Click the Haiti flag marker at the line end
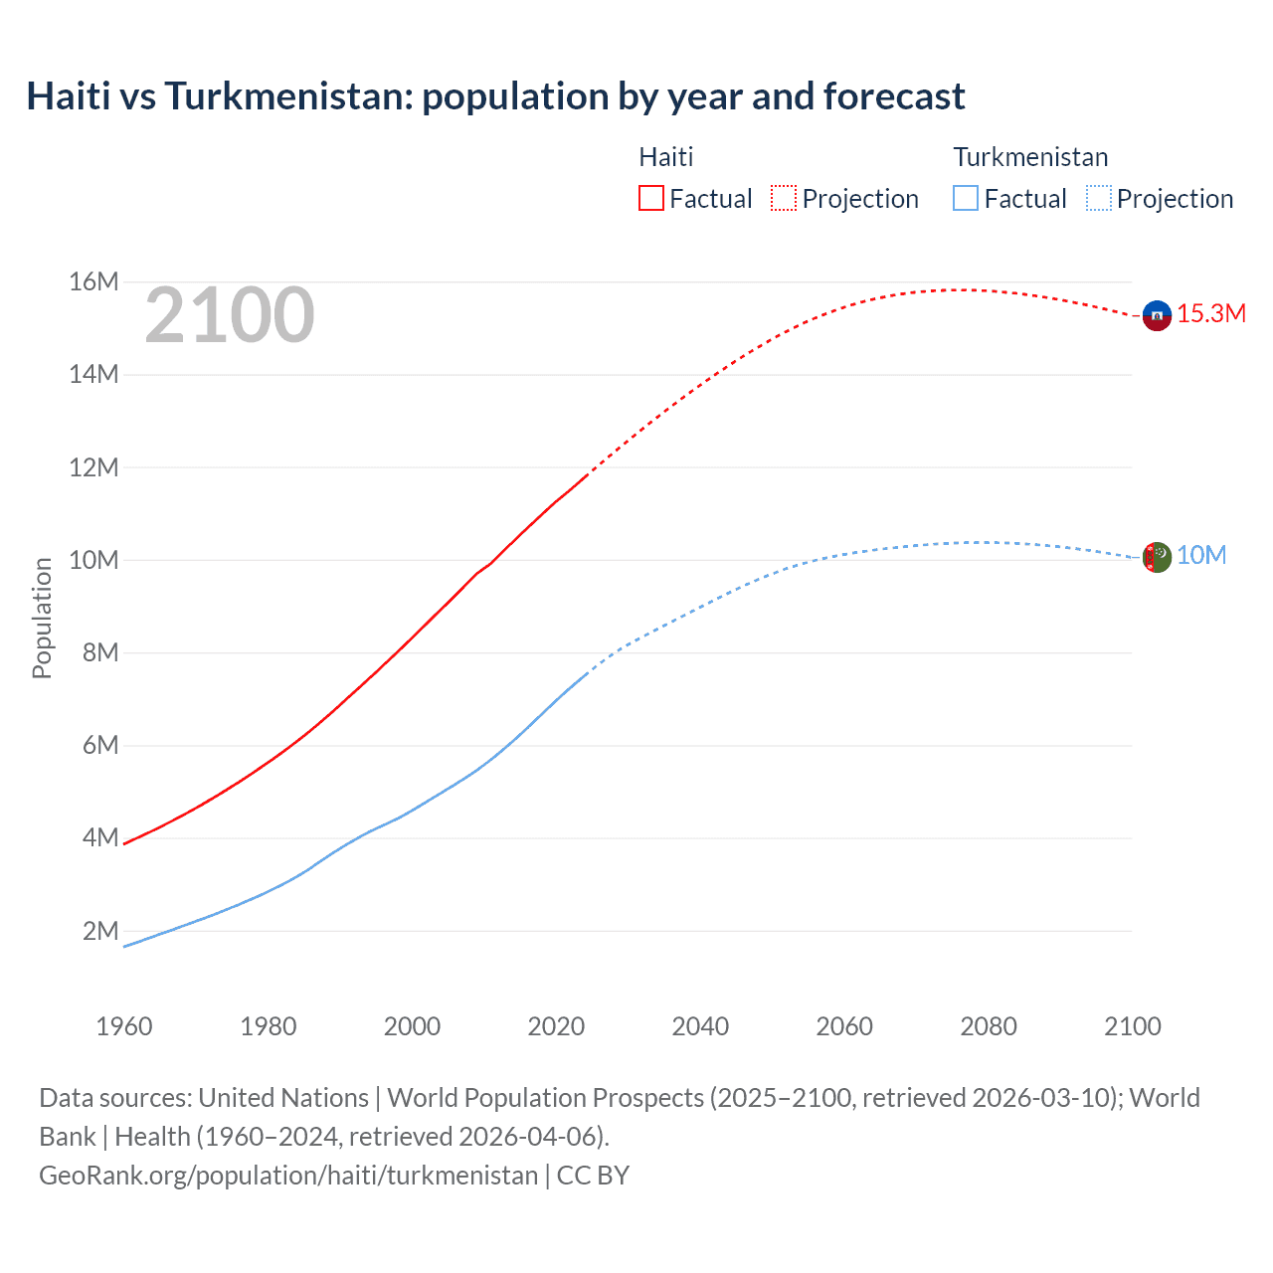tap(1156, 315)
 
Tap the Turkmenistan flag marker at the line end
tap(1156, 557)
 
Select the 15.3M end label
tap(1211, 314)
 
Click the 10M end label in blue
tap(1201, 556)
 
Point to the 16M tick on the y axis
tap(93, 282)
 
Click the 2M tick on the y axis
tap(99, 931)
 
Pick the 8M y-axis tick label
tap(99, 653)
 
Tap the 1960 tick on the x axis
tap(124, 1026)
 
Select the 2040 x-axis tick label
tap(700, 1026)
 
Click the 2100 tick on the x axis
tap(1132, 1026)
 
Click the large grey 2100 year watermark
tap(230, 316)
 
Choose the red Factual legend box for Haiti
tap(651, 198)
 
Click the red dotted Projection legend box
tap(784, 198)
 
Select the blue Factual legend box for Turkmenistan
tap(966, 198)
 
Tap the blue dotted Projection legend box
tap(1099, 198)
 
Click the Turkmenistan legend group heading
tap(1030, 157)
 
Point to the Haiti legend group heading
tap(665, 157)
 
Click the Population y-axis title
tap(42, 618)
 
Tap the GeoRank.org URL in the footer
tap(288, 1176)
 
